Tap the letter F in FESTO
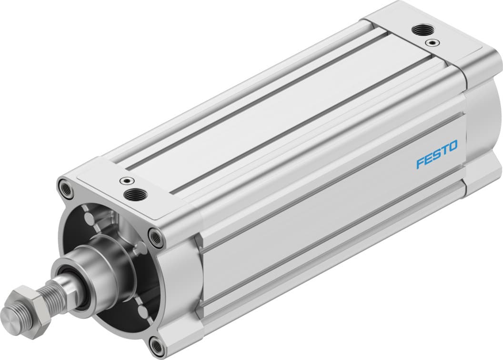click(x=420, y=163)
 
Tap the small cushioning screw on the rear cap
click(x=432, y=42)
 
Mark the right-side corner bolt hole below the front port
click(x=155, y=234)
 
